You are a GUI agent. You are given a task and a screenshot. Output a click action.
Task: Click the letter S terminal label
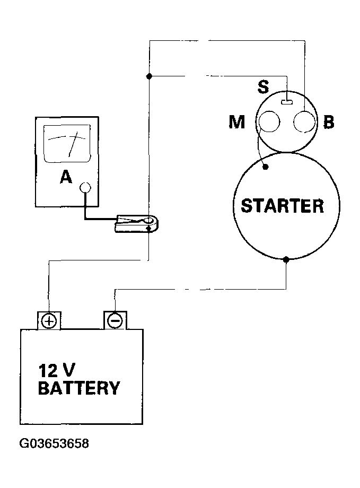[x=263, y=87]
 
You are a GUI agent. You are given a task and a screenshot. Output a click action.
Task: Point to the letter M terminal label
[x=237, y=121]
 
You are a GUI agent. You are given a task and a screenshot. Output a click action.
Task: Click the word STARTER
[x=283, y=206]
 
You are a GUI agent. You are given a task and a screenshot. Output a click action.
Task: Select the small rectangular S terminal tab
[x=287, y=102]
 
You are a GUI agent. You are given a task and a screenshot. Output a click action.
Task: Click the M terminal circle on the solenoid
[x=269, y=121]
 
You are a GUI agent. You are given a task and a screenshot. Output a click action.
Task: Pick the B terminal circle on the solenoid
[x=304, y=121]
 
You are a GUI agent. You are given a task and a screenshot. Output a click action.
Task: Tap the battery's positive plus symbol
[x=49, y=321]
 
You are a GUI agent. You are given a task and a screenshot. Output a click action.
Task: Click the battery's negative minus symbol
[x=115, y=320]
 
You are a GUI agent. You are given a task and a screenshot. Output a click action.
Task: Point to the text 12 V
[x=57, y=371]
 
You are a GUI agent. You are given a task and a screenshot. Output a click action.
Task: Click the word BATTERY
[x=79, y=388]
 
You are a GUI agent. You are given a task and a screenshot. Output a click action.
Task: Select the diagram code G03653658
[x=54, y=443]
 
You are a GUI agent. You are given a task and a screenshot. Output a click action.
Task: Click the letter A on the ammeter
[x=66, y=177]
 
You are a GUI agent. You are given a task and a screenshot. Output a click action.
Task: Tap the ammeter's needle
[x=73, y=144]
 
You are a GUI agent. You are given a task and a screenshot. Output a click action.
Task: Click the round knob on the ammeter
[x=85, y=187]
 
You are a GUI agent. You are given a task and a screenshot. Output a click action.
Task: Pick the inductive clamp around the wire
[x=137, y=223]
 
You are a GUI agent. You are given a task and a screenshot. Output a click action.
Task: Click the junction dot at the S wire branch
[x=149, y=76]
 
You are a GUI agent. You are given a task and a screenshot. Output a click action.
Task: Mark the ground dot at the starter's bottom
[x=286, y=259]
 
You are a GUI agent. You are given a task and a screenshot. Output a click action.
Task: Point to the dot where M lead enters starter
[x=266, y=167]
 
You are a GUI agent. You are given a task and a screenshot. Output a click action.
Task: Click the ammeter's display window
[x=67, y=144]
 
